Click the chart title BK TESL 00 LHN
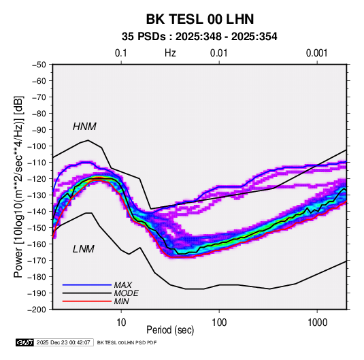click(200, 19)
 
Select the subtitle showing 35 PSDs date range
click(199, 37)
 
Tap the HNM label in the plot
click(84, 127)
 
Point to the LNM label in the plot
click(84, 249)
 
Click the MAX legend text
click(122, 284)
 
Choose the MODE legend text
click(127, 293)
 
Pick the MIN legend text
click(121, 301)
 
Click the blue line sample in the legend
click(87, 284)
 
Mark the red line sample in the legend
click(87, 301)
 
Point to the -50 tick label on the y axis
click(39, 65)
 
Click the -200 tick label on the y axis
click(37, 310)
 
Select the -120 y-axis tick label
click(37, 179)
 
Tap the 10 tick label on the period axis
click(121, 323)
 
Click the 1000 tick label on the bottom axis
click(317, 323)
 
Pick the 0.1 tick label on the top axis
click(121, 53)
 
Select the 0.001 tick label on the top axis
click(316, 53)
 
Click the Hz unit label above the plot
click(170, 53)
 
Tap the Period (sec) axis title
click(170, 330)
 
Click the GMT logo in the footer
click(25, 342)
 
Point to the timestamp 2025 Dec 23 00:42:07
click(63, 342)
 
